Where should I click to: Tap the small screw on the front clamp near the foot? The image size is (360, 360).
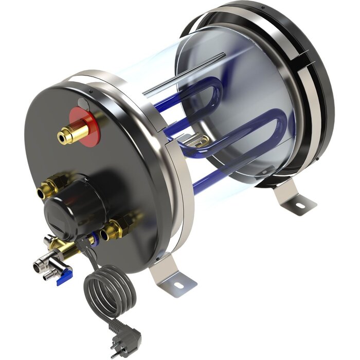(x=160, y=255)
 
